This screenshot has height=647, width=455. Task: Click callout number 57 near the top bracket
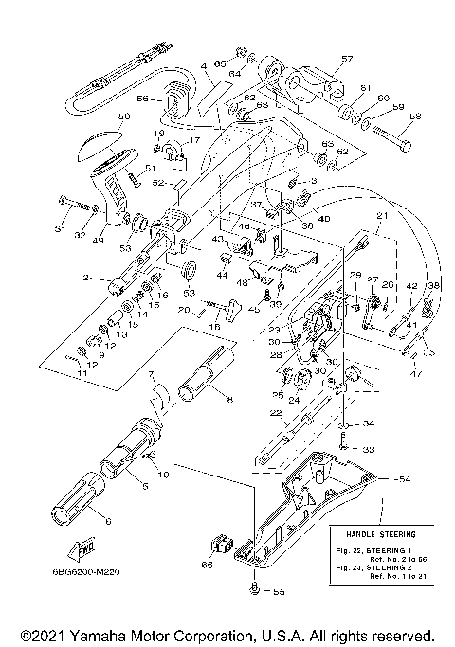click(x=346, y=59)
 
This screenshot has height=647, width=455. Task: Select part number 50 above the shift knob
click(x=123, y=117)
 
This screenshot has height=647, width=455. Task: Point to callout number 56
click(x=143, y=98)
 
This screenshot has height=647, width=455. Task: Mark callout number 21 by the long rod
click(x=382, y=217)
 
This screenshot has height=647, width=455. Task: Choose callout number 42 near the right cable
click(x=411, y=285)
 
